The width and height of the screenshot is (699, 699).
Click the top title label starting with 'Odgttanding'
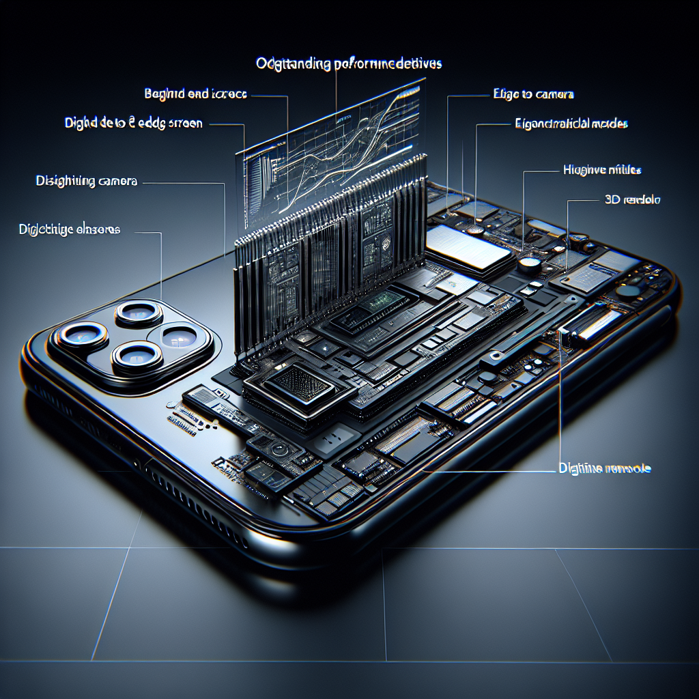[349, 64]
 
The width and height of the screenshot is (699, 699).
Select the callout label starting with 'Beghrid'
[196, 94]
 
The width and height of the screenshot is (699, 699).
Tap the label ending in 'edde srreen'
[134, 124]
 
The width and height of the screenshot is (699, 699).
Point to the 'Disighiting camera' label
[87, 182]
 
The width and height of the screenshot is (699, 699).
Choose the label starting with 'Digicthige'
[69, 230]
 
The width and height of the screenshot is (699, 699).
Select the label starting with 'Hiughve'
[601, 169]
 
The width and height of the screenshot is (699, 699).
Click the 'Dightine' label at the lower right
[601, 469]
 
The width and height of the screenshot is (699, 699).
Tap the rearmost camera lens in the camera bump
[139, 314]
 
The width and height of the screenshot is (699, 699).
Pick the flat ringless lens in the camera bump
[180, 336]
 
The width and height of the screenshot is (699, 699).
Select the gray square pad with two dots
[337, 438]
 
